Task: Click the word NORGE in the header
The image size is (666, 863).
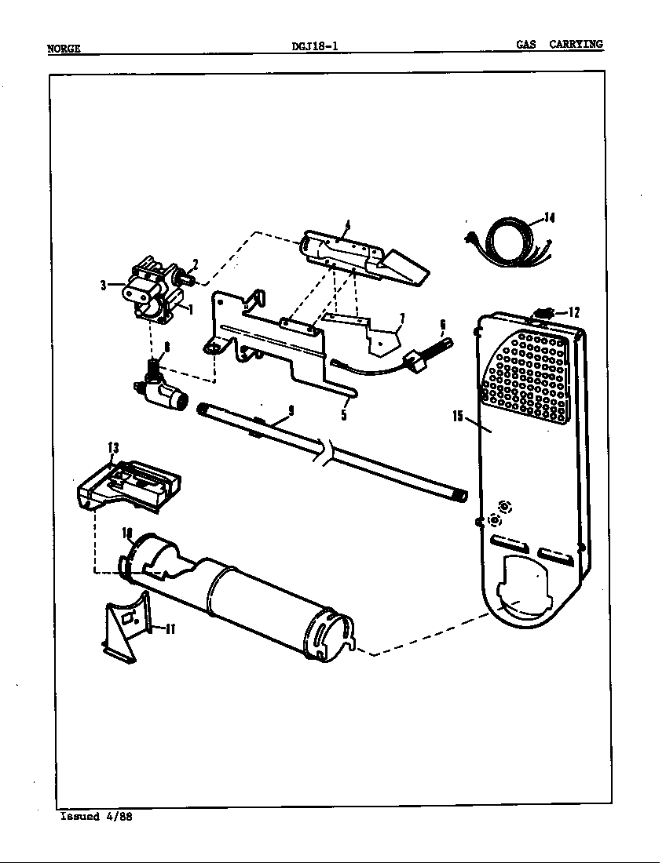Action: (x=64, y=48)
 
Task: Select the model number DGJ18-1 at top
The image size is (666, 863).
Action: (x=314, y=46)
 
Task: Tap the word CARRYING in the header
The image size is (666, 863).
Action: (x=576, y=45)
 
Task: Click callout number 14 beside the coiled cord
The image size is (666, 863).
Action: (x=549, y=218)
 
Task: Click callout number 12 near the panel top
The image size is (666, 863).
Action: (x=573, y=311)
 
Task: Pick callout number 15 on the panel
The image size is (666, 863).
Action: (x=458, y=417)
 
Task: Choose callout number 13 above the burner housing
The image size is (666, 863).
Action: (x=113, y=447)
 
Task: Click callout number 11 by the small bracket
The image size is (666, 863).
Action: (x=170, y=628)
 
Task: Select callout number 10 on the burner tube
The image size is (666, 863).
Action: (x=127, y=533)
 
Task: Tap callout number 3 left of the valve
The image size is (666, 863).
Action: (x=103, y=286)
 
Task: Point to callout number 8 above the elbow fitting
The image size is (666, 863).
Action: (x=166, y=346)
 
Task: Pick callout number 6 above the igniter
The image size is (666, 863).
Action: (x=442, y=323)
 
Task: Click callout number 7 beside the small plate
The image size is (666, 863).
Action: (x=401, y=318)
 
